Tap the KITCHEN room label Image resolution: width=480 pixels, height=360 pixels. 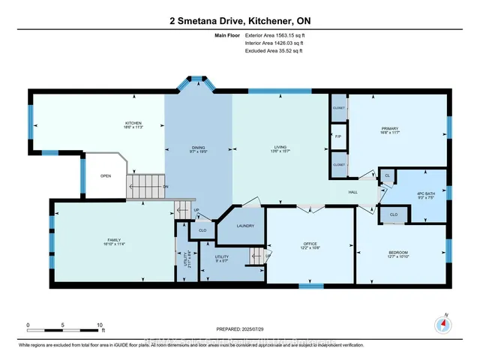pyautogui.click(x=133, y=124)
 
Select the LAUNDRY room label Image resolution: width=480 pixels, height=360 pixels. pyautogui.click(x=244, y=226)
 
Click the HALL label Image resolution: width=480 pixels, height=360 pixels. pyautogui.click(x=353, y=191)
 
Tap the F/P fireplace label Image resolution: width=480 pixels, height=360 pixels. pyautogui.click(x=337, y=136)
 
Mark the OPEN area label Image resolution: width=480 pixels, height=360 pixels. pyautogui.click(x=106, y=177)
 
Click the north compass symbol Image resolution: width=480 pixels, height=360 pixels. pyautogui.click(x=442, y=324)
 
